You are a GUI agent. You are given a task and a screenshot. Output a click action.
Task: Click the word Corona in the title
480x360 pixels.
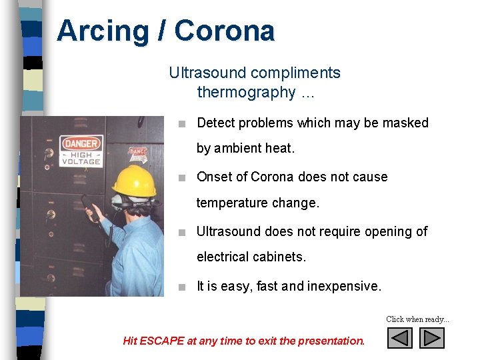point(225,31)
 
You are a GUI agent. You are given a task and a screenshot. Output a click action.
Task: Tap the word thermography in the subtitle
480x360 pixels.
point(246,92)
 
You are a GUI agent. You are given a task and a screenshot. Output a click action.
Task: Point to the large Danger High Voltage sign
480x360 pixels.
point(81,151)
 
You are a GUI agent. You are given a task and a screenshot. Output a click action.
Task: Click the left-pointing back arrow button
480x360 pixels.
point(400,338)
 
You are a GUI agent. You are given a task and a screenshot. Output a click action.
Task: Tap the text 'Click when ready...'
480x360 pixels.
point(418,319)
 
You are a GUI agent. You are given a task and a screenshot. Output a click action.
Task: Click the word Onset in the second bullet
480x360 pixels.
point(212,177)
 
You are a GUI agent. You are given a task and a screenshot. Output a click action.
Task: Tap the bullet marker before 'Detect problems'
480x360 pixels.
point(182,123)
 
